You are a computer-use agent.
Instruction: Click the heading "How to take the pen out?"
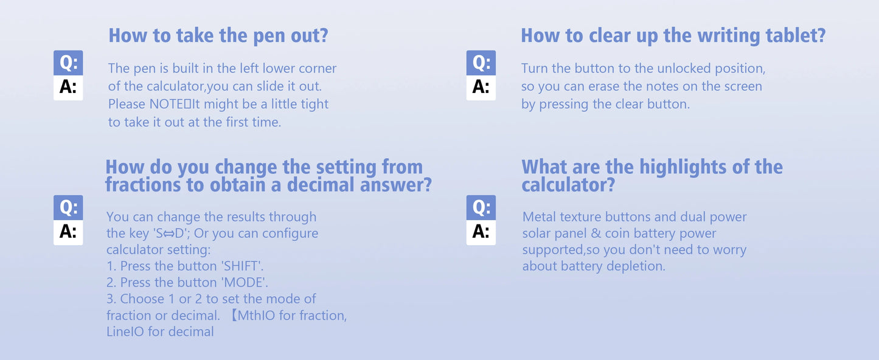218,36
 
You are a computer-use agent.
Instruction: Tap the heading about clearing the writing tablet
673,36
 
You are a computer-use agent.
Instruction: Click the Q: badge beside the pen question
68,63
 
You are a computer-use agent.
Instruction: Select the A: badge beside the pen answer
68,88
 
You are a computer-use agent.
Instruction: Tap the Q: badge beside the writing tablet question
481,63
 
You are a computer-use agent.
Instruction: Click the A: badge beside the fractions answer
68,232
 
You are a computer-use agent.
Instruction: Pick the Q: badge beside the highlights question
481,207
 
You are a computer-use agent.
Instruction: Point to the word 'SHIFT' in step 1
241,266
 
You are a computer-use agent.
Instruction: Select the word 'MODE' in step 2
244,283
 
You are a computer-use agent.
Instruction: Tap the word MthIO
256,316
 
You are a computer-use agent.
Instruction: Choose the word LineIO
125,332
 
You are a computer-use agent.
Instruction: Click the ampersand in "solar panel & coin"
596,234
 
